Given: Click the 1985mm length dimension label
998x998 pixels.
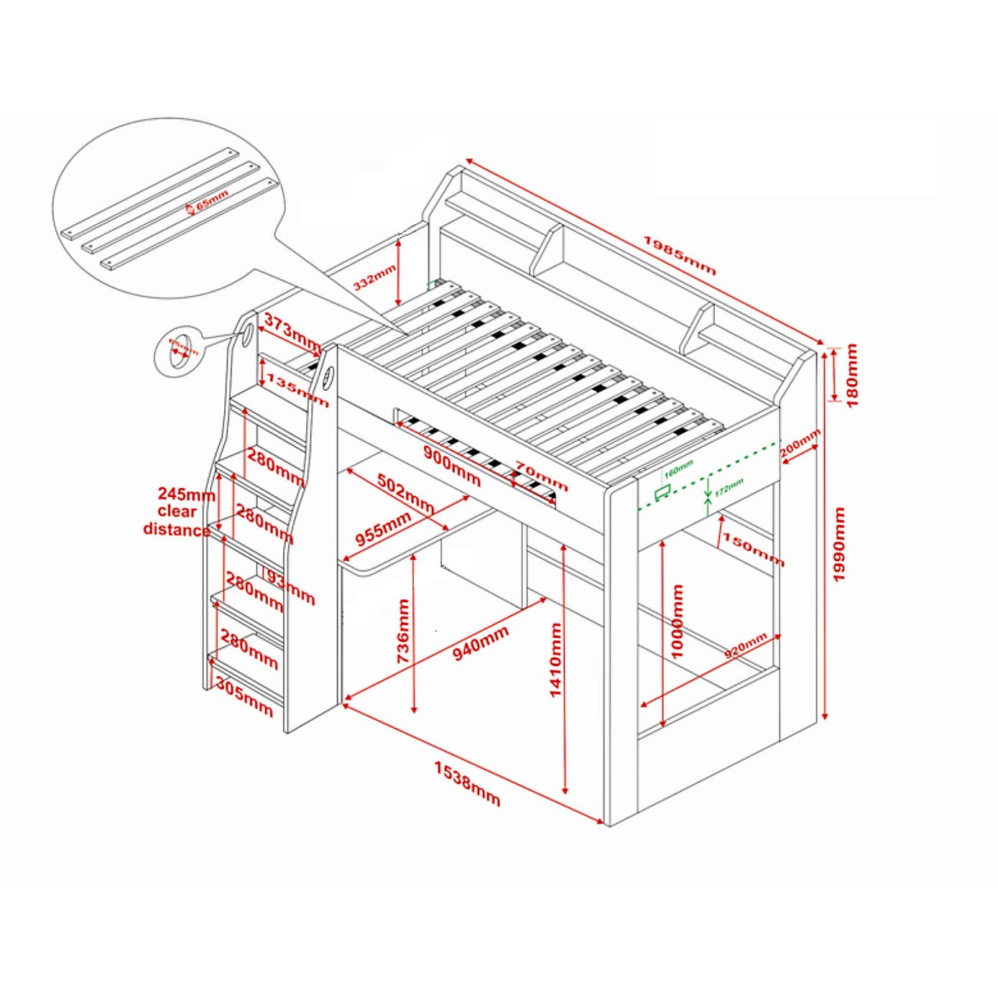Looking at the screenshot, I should pos(679,255).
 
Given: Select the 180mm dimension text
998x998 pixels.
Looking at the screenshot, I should pos(851,374).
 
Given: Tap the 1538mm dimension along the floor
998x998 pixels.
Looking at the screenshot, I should pos(467,783).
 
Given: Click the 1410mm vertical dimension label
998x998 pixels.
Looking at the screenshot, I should pos(555,660).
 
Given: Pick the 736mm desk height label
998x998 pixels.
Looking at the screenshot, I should pos(404,631).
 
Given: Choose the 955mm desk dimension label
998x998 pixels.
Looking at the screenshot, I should pos(383,529).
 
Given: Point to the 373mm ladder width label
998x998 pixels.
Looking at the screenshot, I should pos(291,332).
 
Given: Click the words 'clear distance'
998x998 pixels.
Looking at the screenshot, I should pos(177,521).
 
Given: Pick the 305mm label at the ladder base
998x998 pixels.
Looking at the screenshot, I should pos(244,699).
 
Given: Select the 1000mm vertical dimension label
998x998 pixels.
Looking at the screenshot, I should pos(677,621).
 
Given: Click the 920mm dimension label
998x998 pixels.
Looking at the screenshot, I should pos(745,646).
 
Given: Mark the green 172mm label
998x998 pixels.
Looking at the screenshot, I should pos(729,486).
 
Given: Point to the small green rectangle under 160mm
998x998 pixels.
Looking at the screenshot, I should pos(662,491).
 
